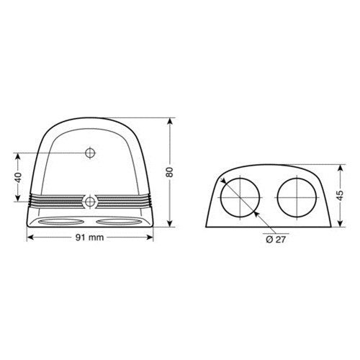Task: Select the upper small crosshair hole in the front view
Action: tap(90, 153)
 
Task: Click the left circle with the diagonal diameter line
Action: tap(241, 197)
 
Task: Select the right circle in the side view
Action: tap(297, 197)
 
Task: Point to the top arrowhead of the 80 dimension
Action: tap(171, 119)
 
